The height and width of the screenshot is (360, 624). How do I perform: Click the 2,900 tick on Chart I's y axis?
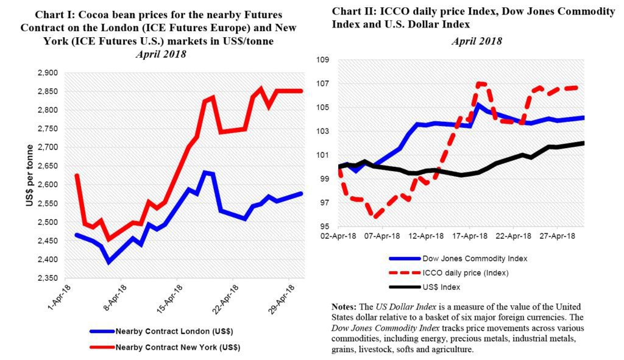[x=49, y=73]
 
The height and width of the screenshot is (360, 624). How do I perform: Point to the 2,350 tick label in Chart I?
[x=49, y=278]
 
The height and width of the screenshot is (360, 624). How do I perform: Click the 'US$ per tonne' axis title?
[x=29, y=176]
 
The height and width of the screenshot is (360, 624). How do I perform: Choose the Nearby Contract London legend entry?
[x=164, y=331]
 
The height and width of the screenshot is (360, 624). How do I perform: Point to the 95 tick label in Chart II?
[x=322, y=227]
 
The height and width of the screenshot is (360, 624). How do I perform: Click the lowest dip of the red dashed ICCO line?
[x=377, y=216]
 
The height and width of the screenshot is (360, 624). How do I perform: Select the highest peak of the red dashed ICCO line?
[x=480, y=83]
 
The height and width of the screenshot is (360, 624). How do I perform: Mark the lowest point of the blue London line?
[x=108, y=262]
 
